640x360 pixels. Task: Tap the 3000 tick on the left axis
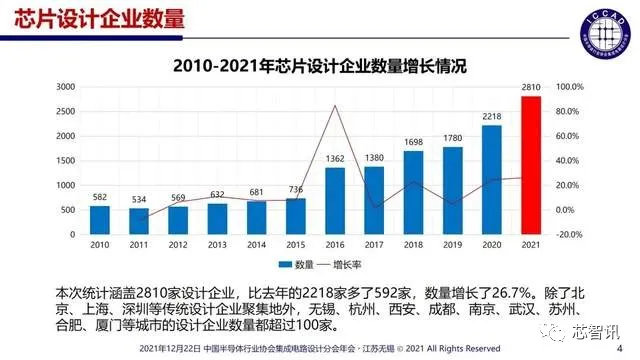tap(65, 87)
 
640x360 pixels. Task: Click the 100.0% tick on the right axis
tap(569, 87)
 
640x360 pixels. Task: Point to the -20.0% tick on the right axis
tap(569, 234)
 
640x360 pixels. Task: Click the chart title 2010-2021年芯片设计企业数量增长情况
tap(320, 67)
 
